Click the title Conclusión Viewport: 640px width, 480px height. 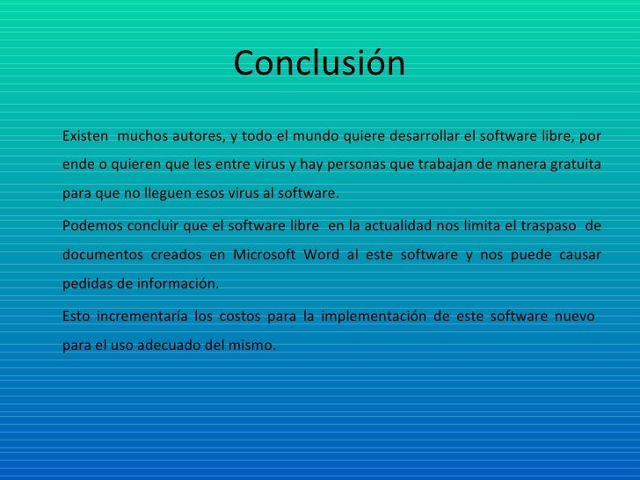(x=319, y=63)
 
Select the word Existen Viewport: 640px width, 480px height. (x=85, y=136)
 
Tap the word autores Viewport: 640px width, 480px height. (x=199, y=136)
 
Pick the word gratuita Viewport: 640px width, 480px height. (x=575, y=164)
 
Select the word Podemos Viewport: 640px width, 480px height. (x=90, y=225)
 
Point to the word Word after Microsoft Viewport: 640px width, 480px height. (x=320, y=255)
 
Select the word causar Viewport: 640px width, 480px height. (x=579, y=255)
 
